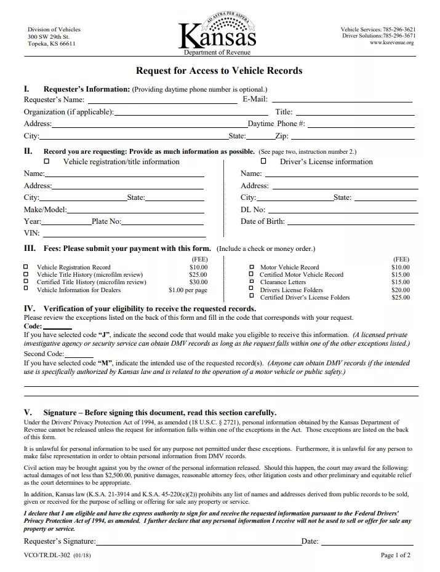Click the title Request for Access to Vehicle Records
click(219, 71)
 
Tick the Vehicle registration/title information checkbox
click(47, 161)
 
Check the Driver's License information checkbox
click(263, 161)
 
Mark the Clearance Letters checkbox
click(251, 282)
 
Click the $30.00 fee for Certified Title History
click(198, 282)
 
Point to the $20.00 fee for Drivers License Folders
click(400, 290)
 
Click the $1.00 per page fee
click(188, 290)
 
